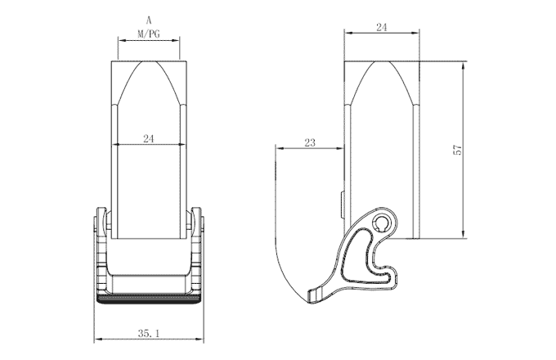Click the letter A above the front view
(x=148, y=19)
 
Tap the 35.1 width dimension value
(x=148, y=334)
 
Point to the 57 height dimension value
(x=458, y=150)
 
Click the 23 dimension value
(x=309, y=142)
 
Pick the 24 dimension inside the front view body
(x=148, y=138)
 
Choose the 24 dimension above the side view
(x=381, y=27)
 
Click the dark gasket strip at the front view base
(x=148, y=299)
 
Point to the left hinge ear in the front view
(x=101, y=220)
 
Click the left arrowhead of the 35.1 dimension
(x=99, y=340)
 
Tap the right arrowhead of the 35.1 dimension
(x=198, y=340)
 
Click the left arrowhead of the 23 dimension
(x=279, y=148)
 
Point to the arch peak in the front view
(x=148, y=62)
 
